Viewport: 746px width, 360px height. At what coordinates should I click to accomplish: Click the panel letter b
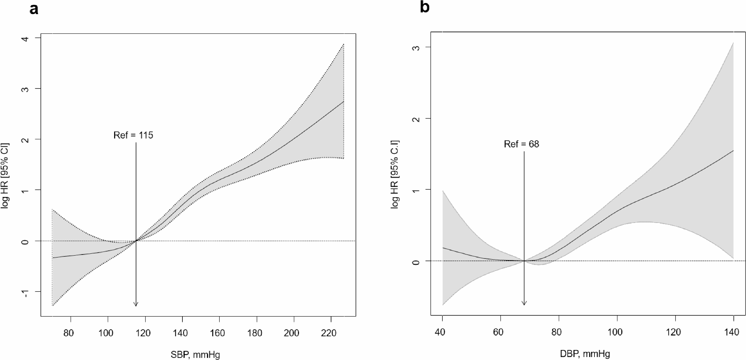click(x=424, y=7)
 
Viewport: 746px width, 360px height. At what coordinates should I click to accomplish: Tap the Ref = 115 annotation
click(x=133, y=135)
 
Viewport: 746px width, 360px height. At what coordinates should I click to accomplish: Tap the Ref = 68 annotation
click(x=521, y=144)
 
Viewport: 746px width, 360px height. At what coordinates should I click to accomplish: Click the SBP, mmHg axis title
click(x=195, y=355)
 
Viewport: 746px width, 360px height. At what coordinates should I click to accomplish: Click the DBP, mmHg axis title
click(x=585, y=354)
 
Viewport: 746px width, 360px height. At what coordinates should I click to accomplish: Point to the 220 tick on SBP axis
click(x=328, y=333)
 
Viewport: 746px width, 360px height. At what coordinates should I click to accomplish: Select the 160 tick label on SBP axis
click(x=217, y=333)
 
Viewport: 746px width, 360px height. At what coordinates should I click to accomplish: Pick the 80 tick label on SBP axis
click(x=68, y=333)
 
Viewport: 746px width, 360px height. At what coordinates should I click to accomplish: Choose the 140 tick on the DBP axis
click(x=732, y=332)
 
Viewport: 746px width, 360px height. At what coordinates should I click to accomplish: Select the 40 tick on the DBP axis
click(x=440, y=332)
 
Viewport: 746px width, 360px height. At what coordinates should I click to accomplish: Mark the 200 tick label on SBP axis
click(x=292, y=333)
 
